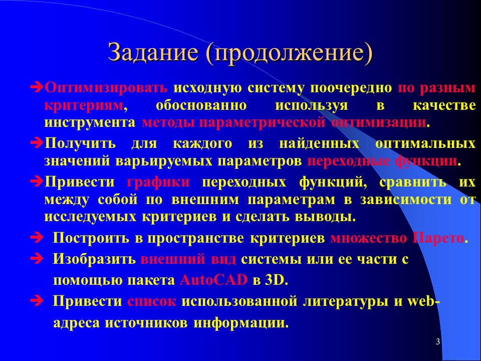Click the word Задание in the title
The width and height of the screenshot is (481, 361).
click(x=152, y=53)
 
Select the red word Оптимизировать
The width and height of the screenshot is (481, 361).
click(x=106, y=88)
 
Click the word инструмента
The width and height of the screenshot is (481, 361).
click(x=90, y=122)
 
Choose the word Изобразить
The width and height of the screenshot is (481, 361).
click(x=94, y=260)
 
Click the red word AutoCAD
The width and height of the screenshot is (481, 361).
click(x=213, y=280)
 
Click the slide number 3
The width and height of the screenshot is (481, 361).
click(x=437, y=342)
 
